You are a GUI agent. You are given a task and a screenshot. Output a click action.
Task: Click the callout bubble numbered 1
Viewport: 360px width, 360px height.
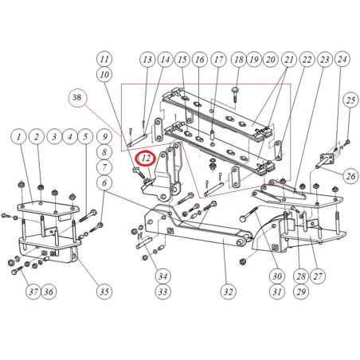(19, 137)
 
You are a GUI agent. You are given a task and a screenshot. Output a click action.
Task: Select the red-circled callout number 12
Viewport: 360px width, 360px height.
(146, 158)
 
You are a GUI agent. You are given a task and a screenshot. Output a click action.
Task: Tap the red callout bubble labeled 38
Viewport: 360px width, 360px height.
(77, 97)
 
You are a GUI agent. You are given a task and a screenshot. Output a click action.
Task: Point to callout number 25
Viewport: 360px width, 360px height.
(350, 100)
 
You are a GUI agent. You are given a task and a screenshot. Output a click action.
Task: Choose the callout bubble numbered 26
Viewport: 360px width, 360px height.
(350, 175)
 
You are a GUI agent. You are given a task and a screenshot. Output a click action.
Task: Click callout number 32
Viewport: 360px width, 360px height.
(228, 292)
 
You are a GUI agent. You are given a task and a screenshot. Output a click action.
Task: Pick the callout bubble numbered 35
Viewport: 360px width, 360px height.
(104, 292)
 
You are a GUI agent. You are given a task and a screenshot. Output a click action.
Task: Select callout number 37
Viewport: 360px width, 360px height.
(33, 292)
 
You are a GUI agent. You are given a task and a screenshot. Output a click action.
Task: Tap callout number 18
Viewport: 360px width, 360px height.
(239, 59)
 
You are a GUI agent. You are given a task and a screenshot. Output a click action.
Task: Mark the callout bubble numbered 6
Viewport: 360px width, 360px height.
(104, 182)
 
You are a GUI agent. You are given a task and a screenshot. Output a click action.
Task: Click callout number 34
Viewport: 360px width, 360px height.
(162, 276)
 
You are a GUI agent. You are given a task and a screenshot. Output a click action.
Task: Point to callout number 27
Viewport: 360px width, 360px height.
(318, 276)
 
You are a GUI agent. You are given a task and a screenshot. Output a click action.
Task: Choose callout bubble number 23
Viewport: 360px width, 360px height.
(325, 59)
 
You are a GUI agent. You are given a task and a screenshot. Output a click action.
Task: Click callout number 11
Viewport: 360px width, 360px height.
(104, 59)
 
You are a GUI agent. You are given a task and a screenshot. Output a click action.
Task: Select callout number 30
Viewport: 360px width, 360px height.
(277, 276)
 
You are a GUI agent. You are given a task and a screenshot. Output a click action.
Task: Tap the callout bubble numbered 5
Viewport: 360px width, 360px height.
(85, 137)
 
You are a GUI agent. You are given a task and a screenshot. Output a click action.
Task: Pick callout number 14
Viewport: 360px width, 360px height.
(165, 59)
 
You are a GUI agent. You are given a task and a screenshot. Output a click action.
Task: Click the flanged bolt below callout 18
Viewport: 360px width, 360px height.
(235, 94)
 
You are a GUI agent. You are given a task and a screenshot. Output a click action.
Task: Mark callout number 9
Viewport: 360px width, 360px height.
(104, 137)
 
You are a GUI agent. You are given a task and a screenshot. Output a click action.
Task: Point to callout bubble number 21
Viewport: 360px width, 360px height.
(289, 59)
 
